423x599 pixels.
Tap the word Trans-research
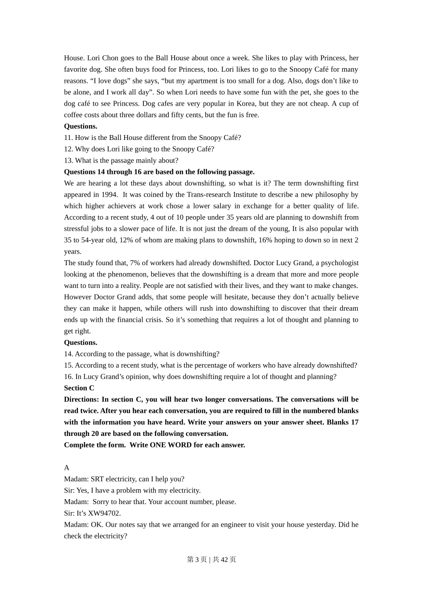pyautogui.click(x=208, y=194)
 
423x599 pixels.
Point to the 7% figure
pyautogui.click(x=135, y=263)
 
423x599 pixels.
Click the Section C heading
pyautogui.click(x=79, y=388)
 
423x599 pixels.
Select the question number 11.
pyautogui.click(x=68, y=138)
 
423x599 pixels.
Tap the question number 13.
pyautogui.click(x=68, y=160)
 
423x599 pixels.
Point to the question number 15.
pyautogui.click(x=68, y=365)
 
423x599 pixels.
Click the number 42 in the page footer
pyautogui.click(x=224, y=559)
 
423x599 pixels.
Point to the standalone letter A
pyautogui.click(x=67, y=468)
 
